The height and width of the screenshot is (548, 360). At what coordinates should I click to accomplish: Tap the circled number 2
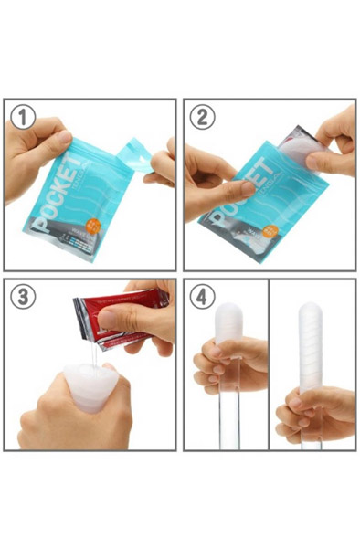(x=201, y=116)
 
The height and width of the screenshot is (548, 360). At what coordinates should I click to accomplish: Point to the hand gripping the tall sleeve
(x=315, y=411)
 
